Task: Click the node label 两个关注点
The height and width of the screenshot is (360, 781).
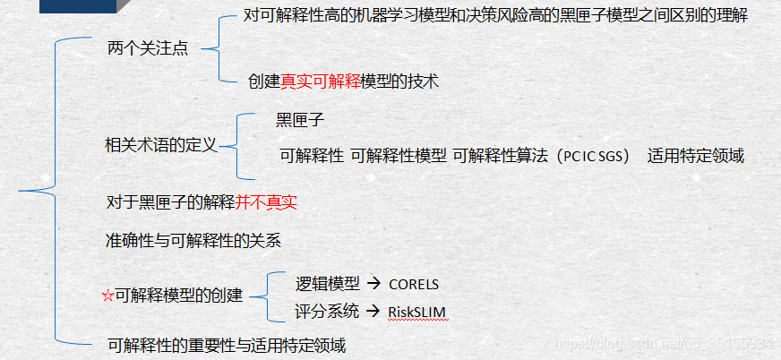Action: [x=147, y=49]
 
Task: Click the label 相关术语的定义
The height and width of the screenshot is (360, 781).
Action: [x=161, y=145]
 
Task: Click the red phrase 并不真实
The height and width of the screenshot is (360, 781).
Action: [x=267, y=202]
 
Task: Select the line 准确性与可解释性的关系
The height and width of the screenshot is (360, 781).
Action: [x=193, y=240]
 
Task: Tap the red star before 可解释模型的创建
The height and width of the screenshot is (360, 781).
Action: [x=108, y=296]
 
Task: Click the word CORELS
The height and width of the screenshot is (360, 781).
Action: [x=414, y=284]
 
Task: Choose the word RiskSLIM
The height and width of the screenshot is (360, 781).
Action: [x=417, y=312]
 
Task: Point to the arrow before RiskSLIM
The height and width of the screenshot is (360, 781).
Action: [x=374, y=312]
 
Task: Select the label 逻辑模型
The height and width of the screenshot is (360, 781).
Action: [x=328, y=284]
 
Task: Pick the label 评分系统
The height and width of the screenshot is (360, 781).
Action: [x=328, y=312]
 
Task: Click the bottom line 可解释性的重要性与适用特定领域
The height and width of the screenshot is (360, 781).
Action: [x=227, y=345]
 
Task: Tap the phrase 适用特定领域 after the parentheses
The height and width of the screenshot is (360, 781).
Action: [x=696, y=156]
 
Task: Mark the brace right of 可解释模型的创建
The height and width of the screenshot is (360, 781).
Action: [x=260, y=296]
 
